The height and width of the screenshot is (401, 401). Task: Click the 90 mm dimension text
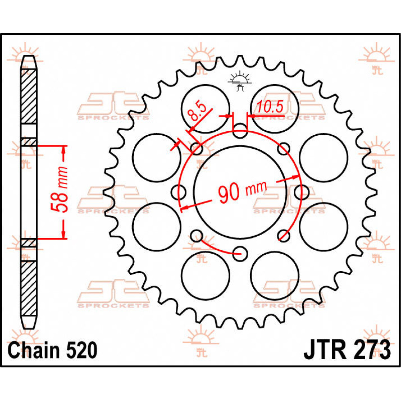[242, 191]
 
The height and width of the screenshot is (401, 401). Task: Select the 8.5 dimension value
[196, 112]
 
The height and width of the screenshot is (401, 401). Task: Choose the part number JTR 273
[347, 350]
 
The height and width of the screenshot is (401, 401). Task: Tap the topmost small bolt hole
[240, 131]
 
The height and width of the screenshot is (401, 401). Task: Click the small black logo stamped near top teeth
[239, 81]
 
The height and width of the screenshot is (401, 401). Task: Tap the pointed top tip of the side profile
[29, 57]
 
